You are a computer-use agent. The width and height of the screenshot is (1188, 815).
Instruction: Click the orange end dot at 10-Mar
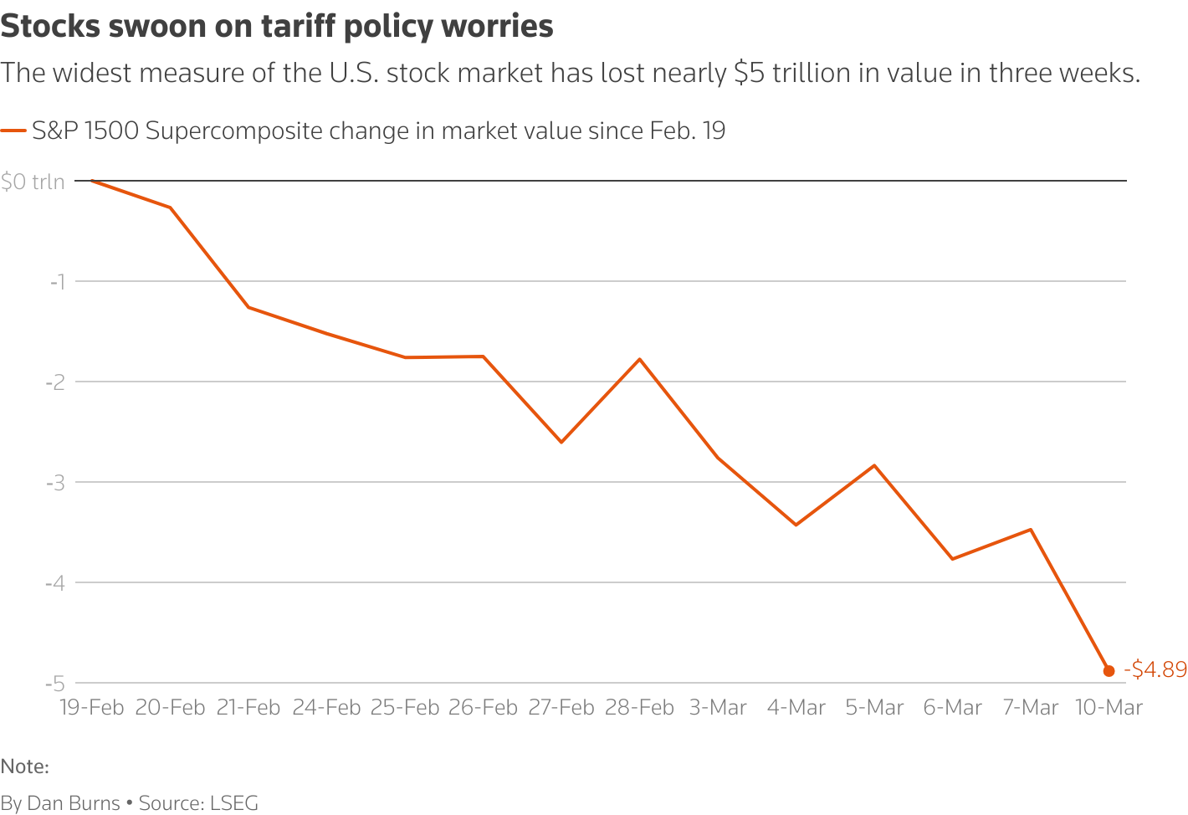click(x=1109, y=670)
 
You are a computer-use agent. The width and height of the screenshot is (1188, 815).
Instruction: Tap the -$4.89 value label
click(x=1155, y=669)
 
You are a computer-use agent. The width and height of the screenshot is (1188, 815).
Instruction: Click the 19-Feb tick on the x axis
click(x=91, y=708)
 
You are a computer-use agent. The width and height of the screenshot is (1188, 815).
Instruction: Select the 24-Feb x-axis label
click(x=326, y=708)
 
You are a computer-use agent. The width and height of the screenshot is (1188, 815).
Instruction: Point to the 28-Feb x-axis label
click(x=639, y=708)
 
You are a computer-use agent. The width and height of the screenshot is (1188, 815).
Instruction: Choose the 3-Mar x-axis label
click(x=718, y=708)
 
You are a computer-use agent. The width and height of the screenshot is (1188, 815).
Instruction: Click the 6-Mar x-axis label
click(x=952, y=708)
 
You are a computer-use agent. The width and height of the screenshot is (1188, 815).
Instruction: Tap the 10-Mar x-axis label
click(x=1109, y=708)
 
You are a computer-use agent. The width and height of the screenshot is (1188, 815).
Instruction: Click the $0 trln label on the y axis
click(x=33, y=182)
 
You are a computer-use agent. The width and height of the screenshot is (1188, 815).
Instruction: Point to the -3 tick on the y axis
click(x=55, y=482)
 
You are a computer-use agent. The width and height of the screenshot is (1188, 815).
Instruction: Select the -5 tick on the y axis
click(x=55, y=684)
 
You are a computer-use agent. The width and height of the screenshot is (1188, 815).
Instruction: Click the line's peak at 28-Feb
click(x=640, y=359)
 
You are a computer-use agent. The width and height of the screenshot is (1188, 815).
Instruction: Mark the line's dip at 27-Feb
click(x=561, y=442)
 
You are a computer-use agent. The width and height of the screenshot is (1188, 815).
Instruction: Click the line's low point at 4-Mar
click(x=796, y=525)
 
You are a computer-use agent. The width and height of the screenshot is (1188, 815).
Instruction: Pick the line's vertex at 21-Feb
click(x=248, y=307)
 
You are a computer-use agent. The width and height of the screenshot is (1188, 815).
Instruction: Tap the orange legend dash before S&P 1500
click(x=13, y=131)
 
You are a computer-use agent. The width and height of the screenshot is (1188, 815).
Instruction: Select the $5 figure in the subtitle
click(x=750, y=74)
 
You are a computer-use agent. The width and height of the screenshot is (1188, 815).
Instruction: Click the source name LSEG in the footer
click(x=234, y=803)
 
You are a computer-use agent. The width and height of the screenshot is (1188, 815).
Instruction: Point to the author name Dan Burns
click(x=74, y=803)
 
